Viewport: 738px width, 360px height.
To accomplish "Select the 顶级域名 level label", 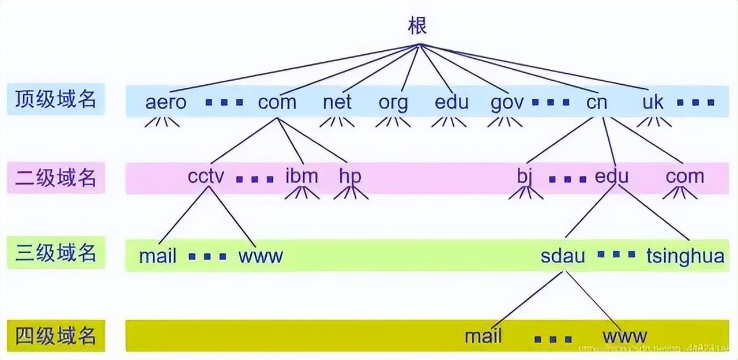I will coord(56,100).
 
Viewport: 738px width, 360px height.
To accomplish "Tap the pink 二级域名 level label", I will coord(56,178).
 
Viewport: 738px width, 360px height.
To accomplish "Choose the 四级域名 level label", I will coord(56,335).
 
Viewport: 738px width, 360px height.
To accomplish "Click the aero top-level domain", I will coord(166,103).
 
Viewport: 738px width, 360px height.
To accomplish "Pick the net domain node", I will coord(337,103).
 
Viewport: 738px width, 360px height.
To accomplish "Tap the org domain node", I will coord(393,103).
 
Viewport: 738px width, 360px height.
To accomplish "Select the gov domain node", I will coord(507,103).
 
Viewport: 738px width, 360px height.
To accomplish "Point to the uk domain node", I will coord(653,103).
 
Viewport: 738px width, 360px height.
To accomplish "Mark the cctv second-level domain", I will coord(205,176).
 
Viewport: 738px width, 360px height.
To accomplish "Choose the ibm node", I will coord(302,176).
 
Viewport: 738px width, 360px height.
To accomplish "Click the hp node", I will coord(350,177).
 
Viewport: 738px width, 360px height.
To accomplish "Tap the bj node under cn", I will coord(524,177).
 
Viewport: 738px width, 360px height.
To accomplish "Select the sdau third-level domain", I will coord(563,256).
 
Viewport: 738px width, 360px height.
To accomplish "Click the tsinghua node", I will coord(685,256).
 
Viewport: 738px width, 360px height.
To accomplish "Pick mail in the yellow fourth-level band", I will coord(483,336).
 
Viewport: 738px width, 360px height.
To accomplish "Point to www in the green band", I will coord(261,256).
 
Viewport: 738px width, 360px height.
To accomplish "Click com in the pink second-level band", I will coord(685,177).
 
